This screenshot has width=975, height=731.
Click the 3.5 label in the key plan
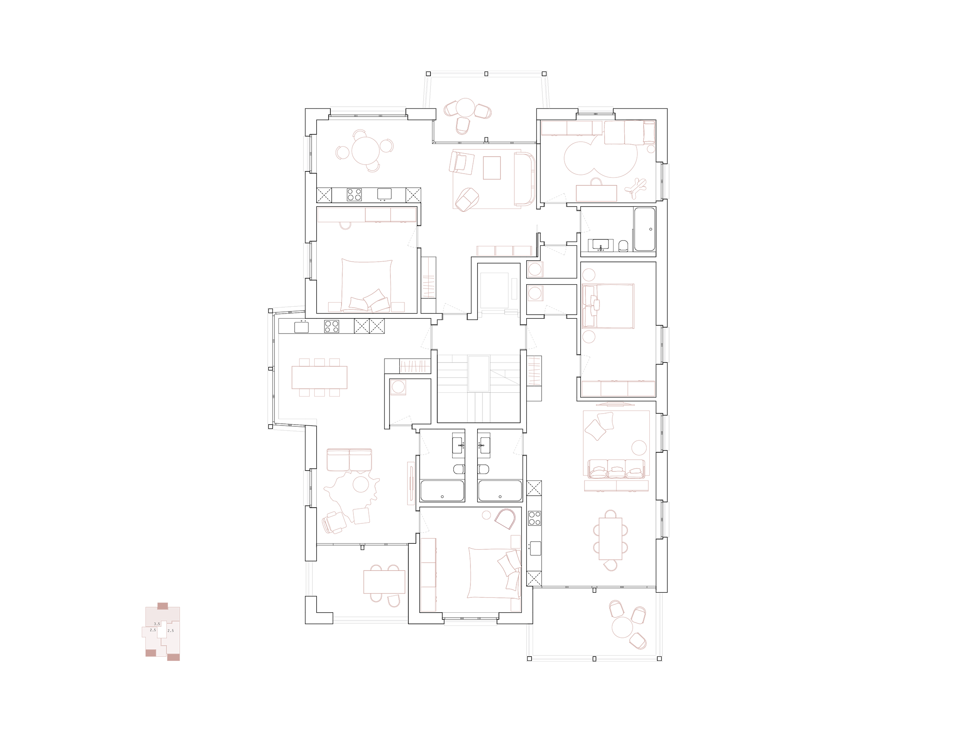pos(157,624)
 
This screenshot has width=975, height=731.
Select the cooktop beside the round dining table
pos(354,194)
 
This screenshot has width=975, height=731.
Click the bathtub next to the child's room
pos(645,229)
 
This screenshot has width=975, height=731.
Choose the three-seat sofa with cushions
pos(616,469)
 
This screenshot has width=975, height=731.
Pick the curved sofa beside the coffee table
pos(525,179)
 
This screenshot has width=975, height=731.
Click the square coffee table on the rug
pos(492,168)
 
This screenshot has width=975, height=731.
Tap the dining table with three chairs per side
pos(319,377)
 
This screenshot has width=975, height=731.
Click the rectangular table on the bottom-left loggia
pos(384,582)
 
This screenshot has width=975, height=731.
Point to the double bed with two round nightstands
pos(608,306)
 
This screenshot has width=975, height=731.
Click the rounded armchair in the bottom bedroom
pos(505,519)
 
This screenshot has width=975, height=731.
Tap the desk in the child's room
pos(596,193)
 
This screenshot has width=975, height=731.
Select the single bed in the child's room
pos(630,133)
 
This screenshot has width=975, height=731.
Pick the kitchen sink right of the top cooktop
pos(384,194)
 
